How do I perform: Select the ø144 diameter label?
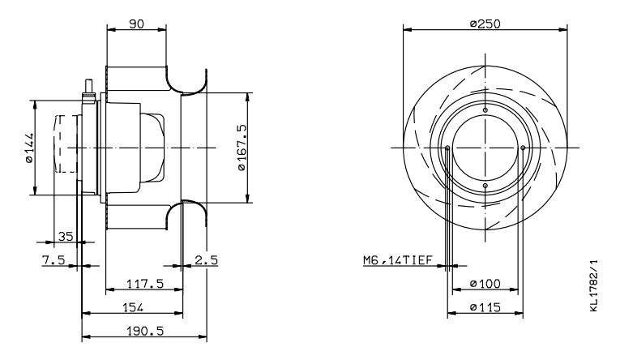pos(28,148)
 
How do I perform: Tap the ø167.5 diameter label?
pos(241,148)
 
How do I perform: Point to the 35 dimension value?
pos(66,237)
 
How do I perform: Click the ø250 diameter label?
pos(484,25)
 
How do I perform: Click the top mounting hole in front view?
pos(485,109)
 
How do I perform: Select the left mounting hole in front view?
pos(447,148)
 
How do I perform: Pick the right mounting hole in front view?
pos(523,148)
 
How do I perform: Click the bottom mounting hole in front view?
pos(485,186)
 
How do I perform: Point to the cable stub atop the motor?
pos(88,85)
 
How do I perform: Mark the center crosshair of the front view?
pos(485,148)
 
